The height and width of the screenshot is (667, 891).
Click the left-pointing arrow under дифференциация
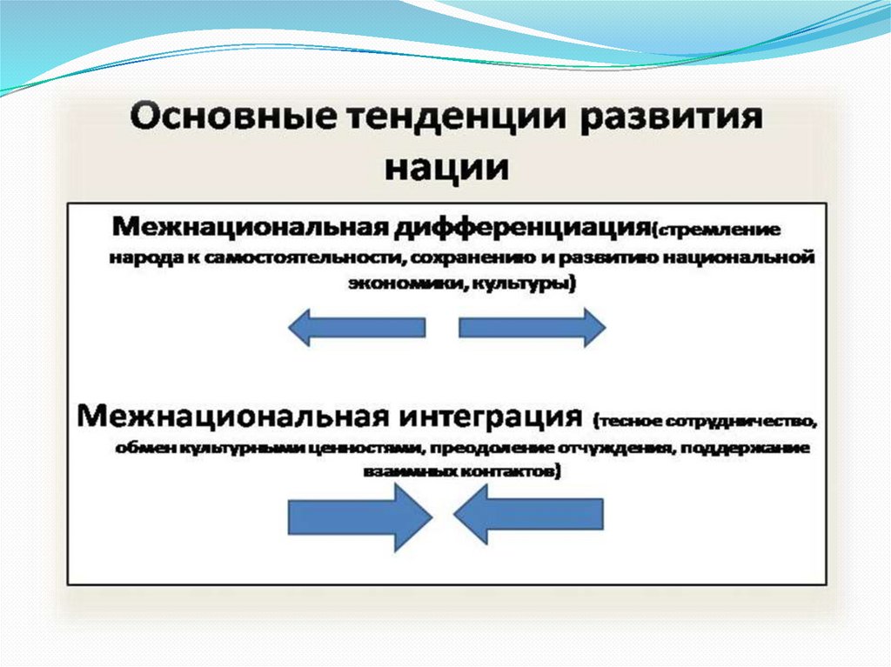click(356, 327)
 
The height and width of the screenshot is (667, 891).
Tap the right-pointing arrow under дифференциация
click(532, 327)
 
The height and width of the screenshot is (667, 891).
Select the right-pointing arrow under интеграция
click(359, 517)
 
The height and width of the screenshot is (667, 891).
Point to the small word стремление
click(720, 231)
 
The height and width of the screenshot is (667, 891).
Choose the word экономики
click(392, 284)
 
